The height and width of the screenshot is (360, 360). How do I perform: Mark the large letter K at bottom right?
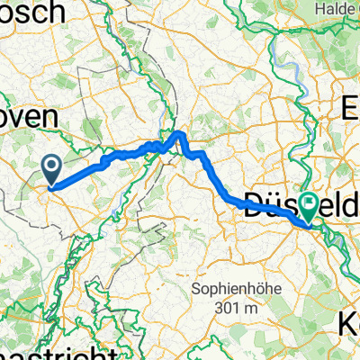(x=349, y=326)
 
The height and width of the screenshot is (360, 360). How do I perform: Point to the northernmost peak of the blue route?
(x=181, y=133)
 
